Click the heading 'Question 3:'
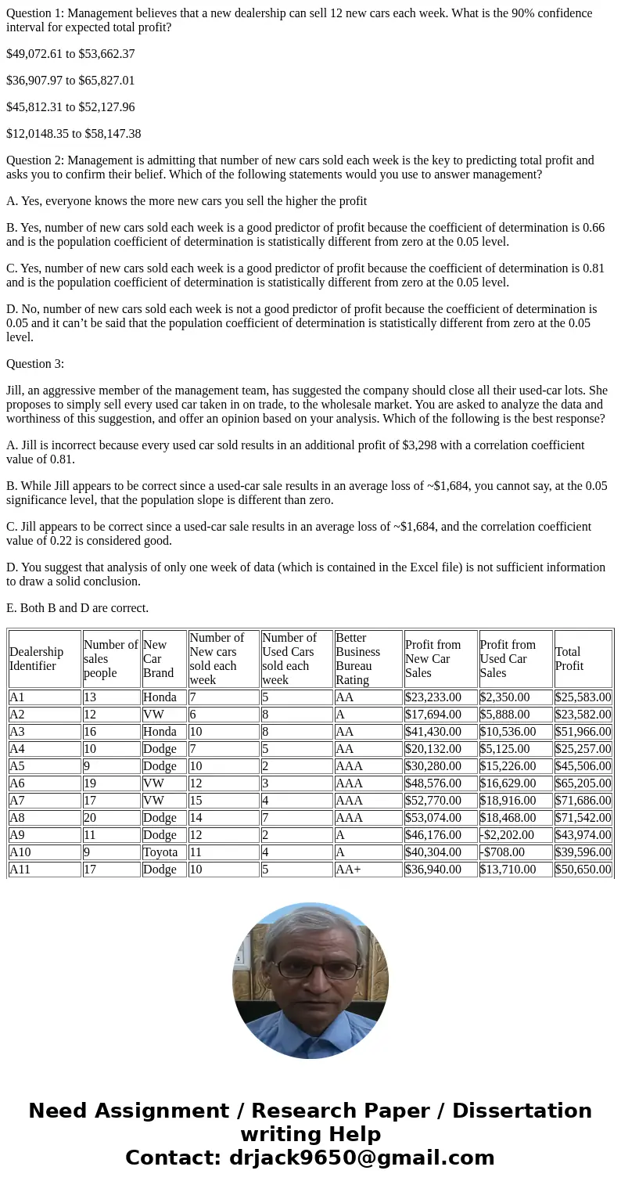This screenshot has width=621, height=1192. pos(35,364)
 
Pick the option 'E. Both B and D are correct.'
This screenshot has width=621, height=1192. pos(77,608)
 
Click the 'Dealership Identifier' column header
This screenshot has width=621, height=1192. pos(37,659)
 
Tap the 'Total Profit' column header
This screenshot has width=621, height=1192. pos(569,659)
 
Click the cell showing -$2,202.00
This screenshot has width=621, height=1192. pos(508,835)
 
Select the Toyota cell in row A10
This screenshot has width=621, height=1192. pos(160,852)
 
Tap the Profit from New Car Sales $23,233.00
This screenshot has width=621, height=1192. pos(433,697)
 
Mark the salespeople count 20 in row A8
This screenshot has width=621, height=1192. pos(91,818)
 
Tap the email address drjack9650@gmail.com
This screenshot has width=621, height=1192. pos(361,1158)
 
